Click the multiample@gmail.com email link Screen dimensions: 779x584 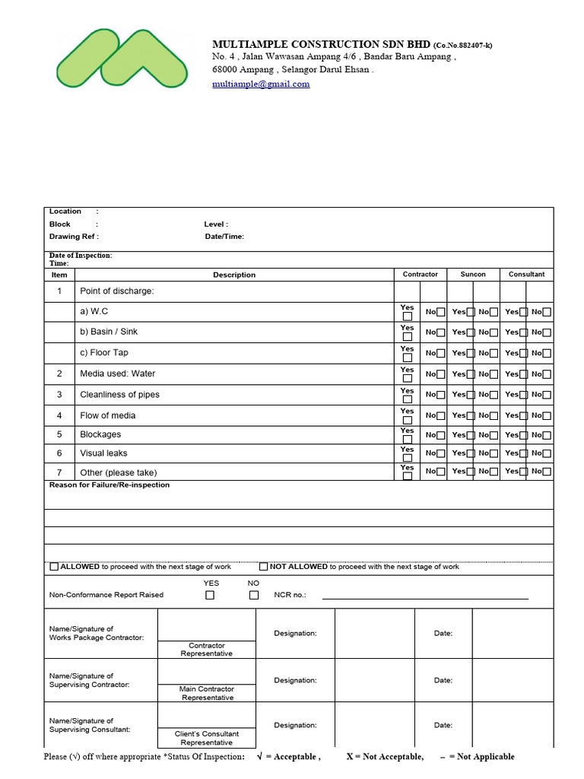[261, 84]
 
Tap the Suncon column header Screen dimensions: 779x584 [473, 275]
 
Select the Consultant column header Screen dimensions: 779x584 [526, 275]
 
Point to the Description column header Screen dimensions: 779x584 [234, 275]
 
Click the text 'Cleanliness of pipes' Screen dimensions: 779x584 [119, 395]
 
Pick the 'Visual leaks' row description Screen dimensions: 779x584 [103, 453]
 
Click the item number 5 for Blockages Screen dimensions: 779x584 [59, 434]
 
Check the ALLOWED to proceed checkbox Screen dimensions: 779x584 [54, 567]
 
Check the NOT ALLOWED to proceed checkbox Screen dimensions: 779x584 [264, 567]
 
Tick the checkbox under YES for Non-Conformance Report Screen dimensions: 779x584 [210, 596]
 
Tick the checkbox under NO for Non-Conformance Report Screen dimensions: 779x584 [254, 596]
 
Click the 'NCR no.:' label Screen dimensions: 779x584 [290, 595]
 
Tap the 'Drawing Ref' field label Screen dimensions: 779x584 [74, 237]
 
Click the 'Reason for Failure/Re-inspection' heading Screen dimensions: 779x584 [109, 485]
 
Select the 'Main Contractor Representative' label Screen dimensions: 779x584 [208, 693]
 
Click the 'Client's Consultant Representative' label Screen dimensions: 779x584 [207, 738]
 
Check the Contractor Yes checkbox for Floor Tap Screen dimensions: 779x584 [408, 358]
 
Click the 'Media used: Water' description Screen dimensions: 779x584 [117, 374]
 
